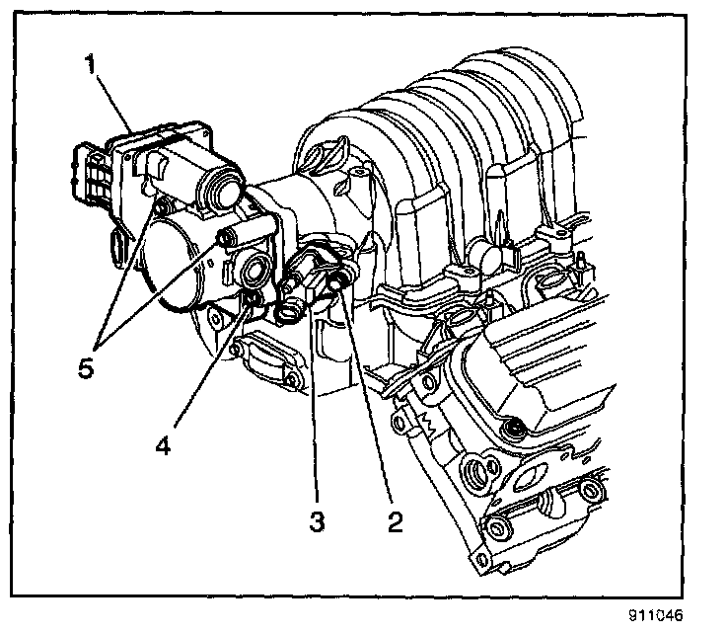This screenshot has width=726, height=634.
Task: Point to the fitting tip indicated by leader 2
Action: click(x=339, y=284)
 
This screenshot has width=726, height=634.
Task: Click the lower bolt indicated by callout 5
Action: click(x=228, y=237)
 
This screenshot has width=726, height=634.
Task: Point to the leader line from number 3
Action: click(x=314, y=395)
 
